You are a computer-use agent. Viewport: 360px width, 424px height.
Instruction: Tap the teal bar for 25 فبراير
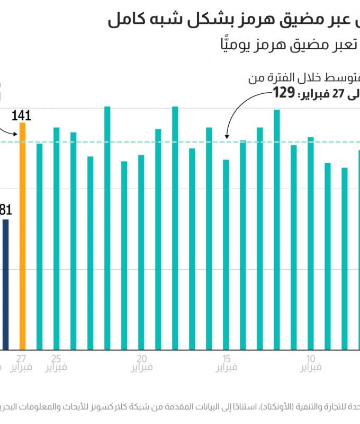tap(56, 238)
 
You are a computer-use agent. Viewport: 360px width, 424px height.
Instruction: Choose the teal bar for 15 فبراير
tap(226, 254)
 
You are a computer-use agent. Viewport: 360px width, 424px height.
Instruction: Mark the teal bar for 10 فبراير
tap(311, 243)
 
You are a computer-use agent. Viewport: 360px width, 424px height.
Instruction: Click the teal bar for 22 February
tap(107, 228)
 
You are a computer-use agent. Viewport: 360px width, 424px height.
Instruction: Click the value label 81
tap(5, 210)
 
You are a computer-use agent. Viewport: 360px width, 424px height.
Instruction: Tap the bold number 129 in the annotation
tap(283, 93)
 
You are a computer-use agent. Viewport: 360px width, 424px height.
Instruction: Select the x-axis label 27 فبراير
tap(22, 362)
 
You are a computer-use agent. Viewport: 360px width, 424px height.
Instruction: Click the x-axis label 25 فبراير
tap(56, 362)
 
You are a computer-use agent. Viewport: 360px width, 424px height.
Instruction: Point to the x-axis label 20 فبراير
tap(141, 362)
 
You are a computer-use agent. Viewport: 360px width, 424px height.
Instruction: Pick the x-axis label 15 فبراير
tap(226, 362)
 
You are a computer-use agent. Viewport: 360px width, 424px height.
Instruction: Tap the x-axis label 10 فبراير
tap(311, 362)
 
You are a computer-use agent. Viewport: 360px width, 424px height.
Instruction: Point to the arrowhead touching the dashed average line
tap(226, 138)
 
